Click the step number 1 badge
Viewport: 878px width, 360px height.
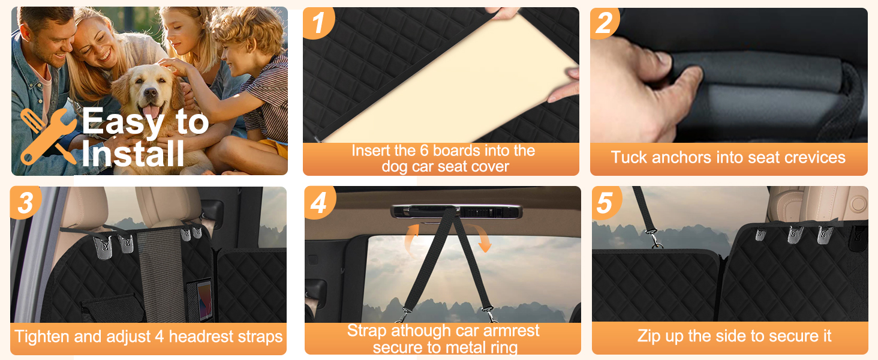318,22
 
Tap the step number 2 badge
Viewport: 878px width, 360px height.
604,23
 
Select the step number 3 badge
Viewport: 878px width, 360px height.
25,202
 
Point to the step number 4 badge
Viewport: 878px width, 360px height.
320,202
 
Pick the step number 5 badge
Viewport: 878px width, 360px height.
606,202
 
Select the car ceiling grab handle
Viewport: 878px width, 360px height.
456,212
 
